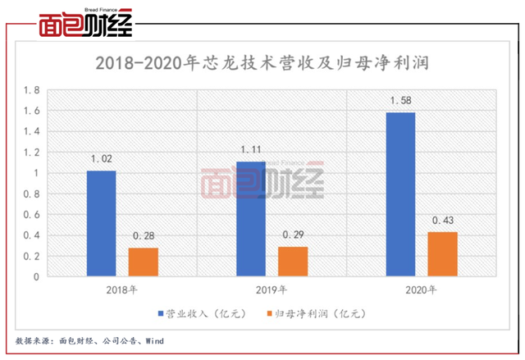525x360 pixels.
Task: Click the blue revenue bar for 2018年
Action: click(102, 224)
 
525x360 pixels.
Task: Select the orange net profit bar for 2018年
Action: click(144, 262)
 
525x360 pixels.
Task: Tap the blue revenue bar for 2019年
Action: click(251, 219)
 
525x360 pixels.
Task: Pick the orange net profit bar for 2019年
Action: click(293, 262)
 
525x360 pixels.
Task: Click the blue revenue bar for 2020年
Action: click(401, 194)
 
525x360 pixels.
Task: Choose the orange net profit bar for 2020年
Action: click(443, 254)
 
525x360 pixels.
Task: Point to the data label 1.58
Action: click(401, 100)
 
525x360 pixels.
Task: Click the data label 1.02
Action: click(102, 158)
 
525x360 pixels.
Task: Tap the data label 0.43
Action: click(443, 220)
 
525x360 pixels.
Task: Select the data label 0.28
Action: click(144, 236)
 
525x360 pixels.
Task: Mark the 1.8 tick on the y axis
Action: click(31, 90)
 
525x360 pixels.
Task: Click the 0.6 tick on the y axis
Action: click(31, 215)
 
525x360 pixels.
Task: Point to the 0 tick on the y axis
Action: click(36, 277)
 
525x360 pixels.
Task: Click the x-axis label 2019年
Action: click(272, 289)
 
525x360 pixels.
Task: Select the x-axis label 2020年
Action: click(421, 289)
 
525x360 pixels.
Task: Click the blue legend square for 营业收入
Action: click(161, 313)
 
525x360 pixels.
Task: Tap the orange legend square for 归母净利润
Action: click(269, 313)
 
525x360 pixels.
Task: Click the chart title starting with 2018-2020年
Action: click(262, 63)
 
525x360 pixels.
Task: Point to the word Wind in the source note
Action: click(154, 341)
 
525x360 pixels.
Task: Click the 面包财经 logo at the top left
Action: click(85, 23)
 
